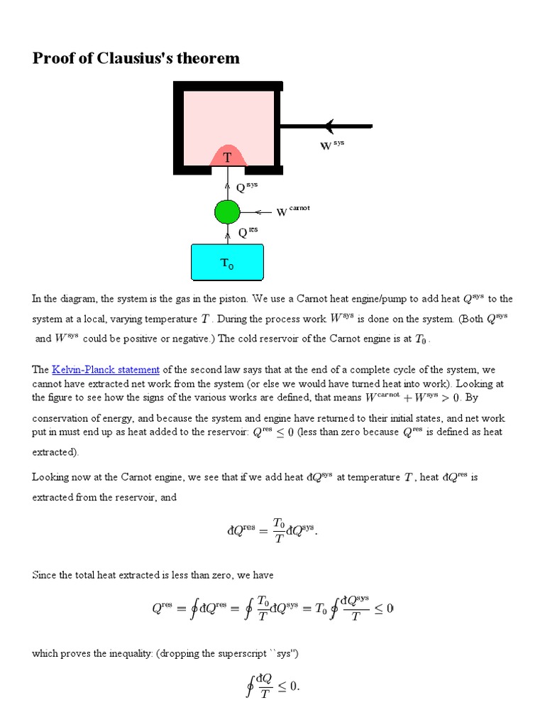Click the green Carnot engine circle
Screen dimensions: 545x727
(227, 212)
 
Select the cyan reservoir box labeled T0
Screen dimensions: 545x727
(227, 262)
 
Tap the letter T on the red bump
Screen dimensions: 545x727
(227, 158)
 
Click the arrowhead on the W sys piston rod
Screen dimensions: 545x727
(329, 126)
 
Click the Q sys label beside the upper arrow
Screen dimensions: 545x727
(246, 187)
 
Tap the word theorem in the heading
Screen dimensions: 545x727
(211, 58)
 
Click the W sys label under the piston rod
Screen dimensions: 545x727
(332, 146)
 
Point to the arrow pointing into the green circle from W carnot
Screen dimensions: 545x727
(263, 212)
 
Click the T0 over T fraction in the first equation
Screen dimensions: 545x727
(278, 531)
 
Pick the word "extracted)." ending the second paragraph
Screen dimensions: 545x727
(57, 452)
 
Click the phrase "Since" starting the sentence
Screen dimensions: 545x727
(45, 574)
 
